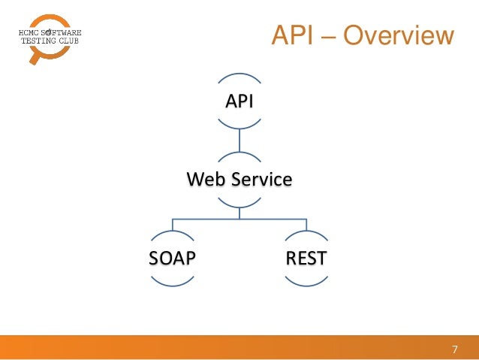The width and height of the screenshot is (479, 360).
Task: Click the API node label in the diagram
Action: pyautogui.click(x=239, y=101)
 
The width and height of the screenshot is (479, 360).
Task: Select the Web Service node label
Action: pyautogui.click(x=239, y=180)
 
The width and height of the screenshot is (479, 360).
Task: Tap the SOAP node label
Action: pyautogui.click(x=173, y=259)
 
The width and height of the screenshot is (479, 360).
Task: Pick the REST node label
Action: pyautogui.click(x=306, y=259)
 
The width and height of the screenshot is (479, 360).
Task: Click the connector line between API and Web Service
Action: pyautogui.click(x=239, y=140)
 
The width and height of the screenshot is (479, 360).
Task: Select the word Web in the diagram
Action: pyautogui.click(x=203, y=180)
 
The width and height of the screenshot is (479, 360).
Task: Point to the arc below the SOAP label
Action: pyautogui.click(x=173, y=284)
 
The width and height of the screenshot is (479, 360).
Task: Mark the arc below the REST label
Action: pyautogui.click(x=306, y=284)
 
